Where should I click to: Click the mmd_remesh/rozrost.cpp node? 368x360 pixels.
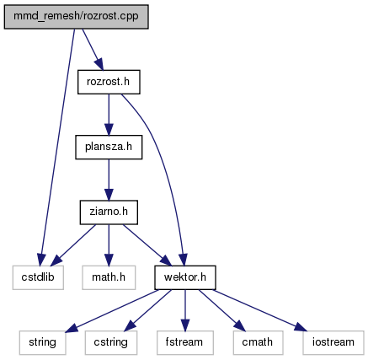(76, 17)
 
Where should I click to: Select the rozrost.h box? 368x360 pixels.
(109, 82)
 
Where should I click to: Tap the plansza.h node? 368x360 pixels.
(109, 147)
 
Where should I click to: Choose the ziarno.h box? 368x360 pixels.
(109, 212)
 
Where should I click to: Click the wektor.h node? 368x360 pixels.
(185, 277)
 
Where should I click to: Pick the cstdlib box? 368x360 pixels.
(38, 277)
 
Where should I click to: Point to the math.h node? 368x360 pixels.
(109, 277)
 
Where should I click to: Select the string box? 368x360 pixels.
(42, 342)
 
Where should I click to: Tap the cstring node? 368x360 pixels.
(111, 342)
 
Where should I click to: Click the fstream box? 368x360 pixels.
(185, 342)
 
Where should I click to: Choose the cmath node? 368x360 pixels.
(258, 342)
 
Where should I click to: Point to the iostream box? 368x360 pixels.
(333, 342)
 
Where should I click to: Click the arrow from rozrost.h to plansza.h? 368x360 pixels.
(109, 115)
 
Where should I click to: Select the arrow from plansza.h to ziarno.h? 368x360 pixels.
(109, 180)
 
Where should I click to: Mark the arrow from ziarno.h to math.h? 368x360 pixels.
(109, 245)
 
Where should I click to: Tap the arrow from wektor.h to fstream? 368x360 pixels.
(185, 310)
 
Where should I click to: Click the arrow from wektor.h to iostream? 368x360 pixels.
(259, 310)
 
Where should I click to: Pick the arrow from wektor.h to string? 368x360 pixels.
(112, 311)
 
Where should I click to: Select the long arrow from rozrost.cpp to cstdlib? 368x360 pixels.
(57, 146)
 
